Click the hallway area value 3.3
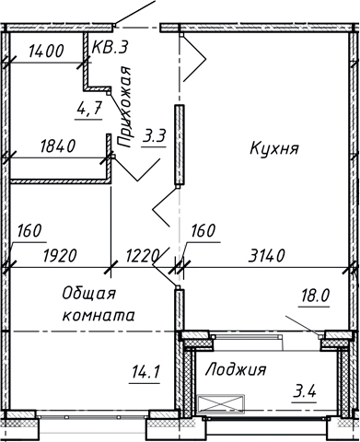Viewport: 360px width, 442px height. tap(154, 137)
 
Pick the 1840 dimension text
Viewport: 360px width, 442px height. tap(60, 145)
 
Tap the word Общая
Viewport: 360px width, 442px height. tap(88, 294)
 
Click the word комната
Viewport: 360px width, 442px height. tap(99, 315)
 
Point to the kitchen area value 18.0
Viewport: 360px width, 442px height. tap(314, 296)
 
